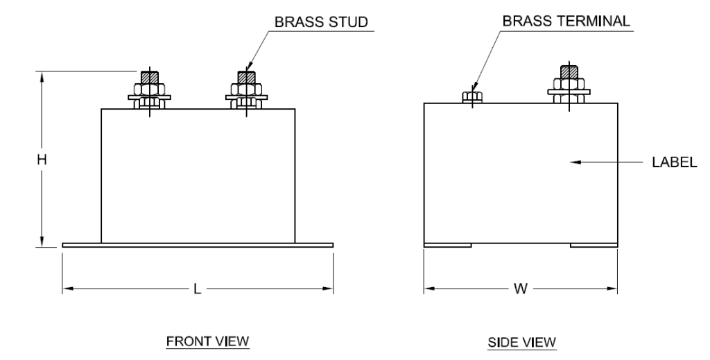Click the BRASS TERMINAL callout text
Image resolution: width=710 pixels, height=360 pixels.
point(566,22)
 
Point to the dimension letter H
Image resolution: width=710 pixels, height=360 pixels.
point(42,160)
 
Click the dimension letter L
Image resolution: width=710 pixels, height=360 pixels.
point(197,288)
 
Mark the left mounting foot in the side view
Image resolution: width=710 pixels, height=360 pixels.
point(448,245)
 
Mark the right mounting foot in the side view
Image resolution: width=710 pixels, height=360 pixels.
point(594,245)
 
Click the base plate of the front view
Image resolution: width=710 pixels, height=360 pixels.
point(198,245)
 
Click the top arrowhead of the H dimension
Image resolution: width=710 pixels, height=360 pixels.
point(42,76)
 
